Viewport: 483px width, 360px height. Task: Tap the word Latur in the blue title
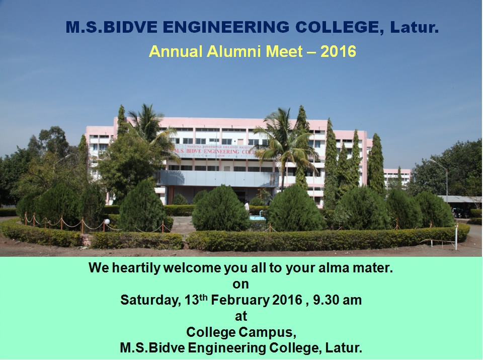(414, 27)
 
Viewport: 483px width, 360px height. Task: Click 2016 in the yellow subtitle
(338, 51)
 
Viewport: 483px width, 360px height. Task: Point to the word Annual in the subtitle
(176, 51)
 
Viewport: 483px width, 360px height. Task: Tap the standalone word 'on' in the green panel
(240, 284)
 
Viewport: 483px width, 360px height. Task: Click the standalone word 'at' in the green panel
(241, 316)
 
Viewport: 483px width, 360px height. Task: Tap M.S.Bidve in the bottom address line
(152, 348)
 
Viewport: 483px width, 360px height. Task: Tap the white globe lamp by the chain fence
(107, 222)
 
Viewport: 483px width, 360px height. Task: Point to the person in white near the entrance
(247, 206)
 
